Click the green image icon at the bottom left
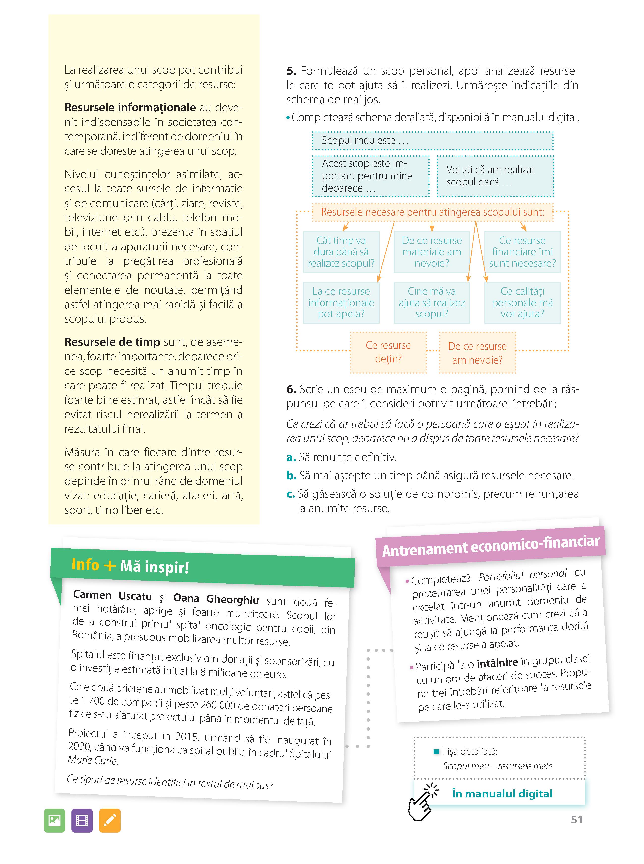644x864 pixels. click(x=55, y=821)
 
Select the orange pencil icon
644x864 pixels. click(x=110, y=821)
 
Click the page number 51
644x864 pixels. click(x=577, y=820)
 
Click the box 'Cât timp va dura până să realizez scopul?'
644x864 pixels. click(x=341, y=252)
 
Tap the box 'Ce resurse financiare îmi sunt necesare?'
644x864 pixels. click(x=522, y=252)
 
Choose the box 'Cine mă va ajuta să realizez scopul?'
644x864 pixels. click(x=432, y=303)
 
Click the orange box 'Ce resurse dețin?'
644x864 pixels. click(x=388, y=352)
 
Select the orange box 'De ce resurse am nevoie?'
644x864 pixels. click(x=477, y=353)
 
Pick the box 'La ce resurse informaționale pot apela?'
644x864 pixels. click(x=341, y=303)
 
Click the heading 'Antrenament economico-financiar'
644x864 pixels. click(x=490, y=546)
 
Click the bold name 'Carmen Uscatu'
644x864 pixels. click(x=112, y=595)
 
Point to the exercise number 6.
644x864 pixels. click(x=291, y=389)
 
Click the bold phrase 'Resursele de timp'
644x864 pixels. click(x=112, y=342)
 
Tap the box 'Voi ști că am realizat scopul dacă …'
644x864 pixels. click(x=495, y=176)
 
